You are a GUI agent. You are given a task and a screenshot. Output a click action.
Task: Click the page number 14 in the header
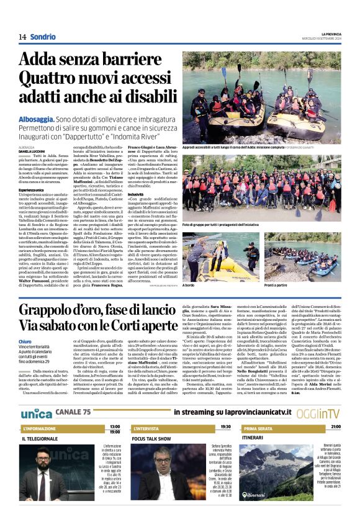click(x=22, y=37)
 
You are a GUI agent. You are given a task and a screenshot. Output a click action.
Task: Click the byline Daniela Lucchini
click(x=33, y=151)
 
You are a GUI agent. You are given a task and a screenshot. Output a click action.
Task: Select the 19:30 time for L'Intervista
click(x=225, y=427)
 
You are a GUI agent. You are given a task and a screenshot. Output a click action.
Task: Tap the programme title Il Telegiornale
click(x=42, y=438)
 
